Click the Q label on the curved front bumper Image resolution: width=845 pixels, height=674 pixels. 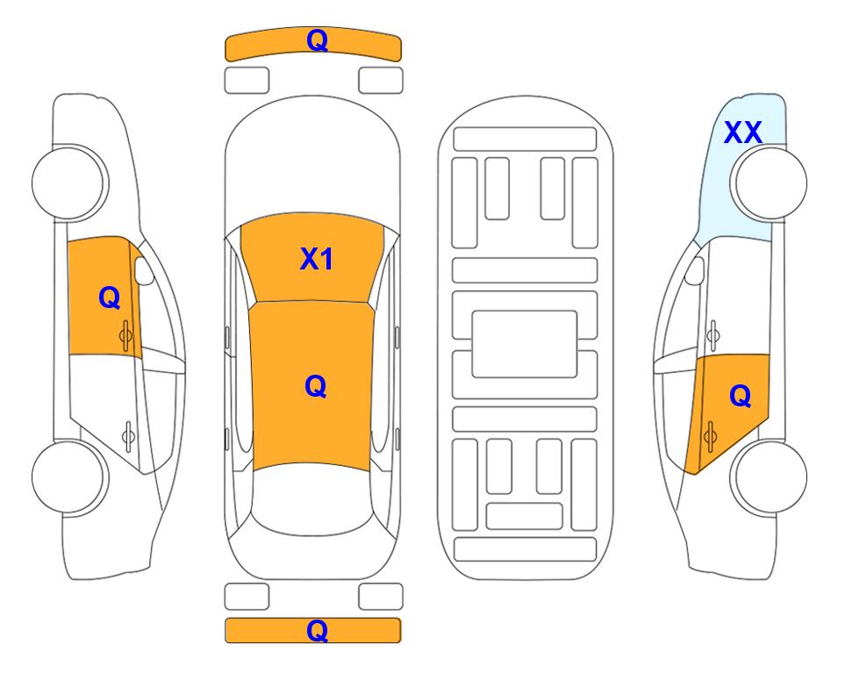point(317,39)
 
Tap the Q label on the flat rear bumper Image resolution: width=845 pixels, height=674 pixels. point(317,630)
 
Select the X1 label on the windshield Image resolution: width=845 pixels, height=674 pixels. point(317,259)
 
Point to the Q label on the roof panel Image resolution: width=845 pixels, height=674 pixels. point(316,386)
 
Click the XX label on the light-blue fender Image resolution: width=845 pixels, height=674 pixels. point(743,133)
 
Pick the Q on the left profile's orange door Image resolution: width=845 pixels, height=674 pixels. point(110,298)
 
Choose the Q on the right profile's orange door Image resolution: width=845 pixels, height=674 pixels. point(740,396)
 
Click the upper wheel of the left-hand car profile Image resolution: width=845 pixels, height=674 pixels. point(70,183)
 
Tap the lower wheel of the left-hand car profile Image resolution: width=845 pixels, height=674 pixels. point(70,477)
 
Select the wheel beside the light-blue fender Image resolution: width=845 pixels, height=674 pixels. point(769,183)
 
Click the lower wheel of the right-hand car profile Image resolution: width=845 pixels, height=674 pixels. point(769,477)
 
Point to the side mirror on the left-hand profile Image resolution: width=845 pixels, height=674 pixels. point(143,270)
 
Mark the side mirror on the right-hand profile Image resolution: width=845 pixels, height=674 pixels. point(695,270)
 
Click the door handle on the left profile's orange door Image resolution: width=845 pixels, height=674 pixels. point(125,335)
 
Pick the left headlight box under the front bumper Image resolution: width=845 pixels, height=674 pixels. point(247,81)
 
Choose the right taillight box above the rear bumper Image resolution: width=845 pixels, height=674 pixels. point(381,597)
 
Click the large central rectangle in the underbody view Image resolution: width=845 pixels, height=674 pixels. point(525,344)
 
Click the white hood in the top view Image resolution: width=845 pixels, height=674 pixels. point(312,161)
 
